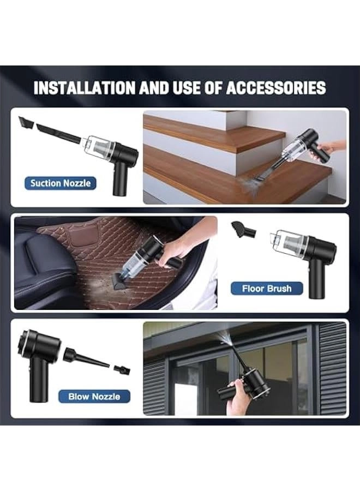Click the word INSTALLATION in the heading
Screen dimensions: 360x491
tap(85, 88)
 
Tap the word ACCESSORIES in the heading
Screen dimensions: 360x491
tap(276, 88)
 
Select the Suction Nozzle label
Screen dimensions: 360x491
tap(61, 183)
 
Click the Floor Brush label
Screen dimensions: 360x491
tap(267, 289)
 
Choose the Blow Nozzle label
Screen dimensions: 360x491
tap(94, 397)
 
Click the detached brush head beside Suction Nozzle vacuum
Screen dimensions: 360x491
tap(26, 122)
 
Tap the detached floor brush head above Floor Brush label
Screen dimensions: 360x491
tap(243, 230)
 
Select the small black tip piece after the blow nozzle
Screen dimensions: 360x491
tap(122, 369)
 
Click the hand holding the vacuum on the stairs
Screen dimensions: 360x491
tap(329, 148)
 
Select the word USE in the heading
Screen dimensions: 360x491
tap(187, 88)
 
